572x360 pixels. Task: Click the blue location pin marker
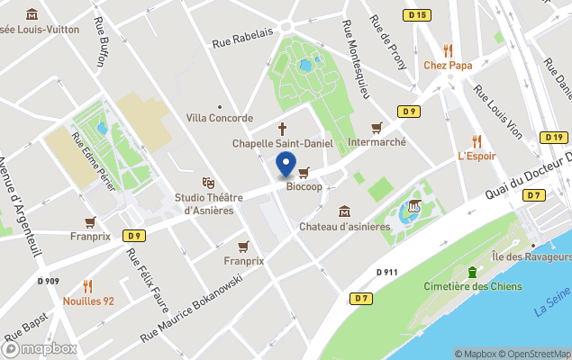click(286, 165)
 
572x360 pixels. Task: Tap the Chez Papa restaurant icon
click(448, 50)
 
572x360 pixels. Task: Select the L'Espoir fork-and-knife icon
click(477, 141)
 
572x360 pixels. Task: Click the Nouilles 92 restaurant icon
click(88, 286)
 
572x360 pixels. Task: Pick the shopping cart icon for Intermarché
click(377, 128)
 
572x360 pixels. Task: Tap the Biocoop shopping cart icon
click(304, 173)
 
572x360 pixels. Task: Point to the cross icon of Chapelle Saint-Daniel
click(283, 129)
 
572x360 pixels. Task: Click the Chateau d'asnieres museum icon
click(344, 211)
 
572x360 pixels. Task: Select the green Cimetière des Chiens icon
click(471, 273)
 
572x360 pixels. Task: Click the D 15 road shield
click(416, 14)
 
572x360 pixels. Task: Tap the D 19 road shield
click(553, 137)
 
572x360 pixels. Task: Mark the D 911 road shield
click(386, 270)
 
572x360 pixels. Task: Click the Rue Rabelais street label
click(241, 38)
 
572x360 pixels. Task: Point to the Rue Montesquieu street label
click(357, 58)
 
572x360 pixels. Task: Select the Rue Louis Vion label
click(498, 112)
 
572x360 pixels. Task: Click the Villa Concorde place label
click(220, 118)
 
